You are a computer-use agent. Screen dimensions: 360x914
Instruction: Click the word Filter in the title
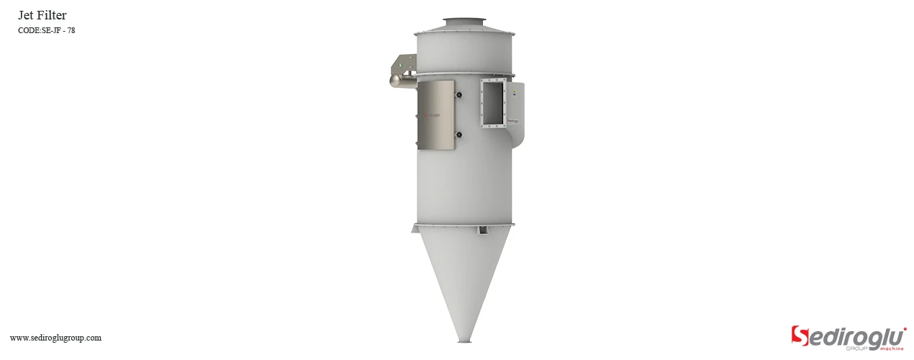[53, 15]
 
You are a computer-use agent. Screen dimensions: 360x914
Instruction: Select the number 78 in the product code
[71, 30]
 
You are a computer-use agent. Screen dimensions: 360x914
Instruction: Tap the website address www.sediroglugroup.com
[55, 338]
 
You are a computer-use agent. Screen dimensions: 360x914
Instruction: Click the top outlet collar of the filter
[465, 23]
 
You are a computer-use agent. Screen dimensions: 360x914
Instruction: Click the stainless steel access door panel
[436, 115]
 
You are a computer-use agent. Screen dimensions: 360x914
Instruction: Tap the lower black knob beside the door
[458, 134]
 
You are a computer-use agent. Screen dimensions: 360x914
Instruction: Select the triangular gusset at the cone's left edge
[415, 229]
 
